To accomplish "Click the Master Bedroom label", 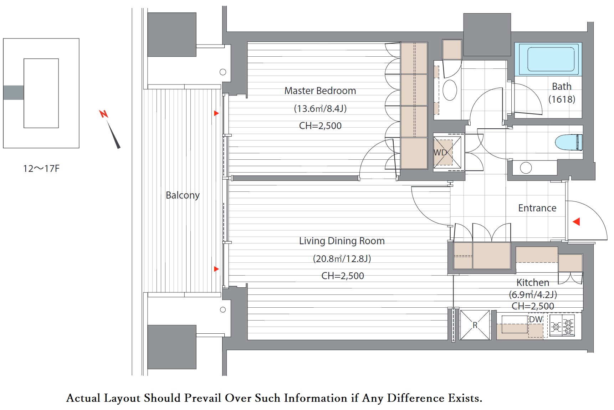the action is click(x=320, y=91).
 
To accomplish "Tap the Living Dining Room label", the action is click(x=342, y=241).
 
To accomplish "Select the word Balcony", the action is click(x=183, y=195).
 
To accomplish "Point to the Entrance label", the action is click(x=537, y=208).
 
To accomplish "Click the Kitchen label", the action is click(x=533, y=282).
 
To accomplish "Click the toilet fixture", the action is click(x=569, y=142).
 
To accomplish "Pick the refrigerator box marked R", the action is click(x=475, y=325).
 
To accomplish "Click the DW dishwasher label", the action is click(x=536, y=319).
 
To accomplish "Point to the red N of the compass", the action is click(x=103, y=114).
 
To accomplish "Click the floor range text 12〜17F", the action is click(x=41, y=169).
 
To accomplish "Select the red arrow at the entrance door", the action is click(x=576, y=222).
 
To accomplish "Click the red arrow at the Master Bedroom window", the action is click(x=216, y=113).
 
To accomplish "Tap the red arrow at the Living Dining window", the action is click(x=216, y=269).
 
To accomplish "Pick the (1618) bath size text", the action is click(x=562, y=99).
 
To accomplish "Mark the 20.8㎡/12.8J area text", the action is click(x=342, y=258).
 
